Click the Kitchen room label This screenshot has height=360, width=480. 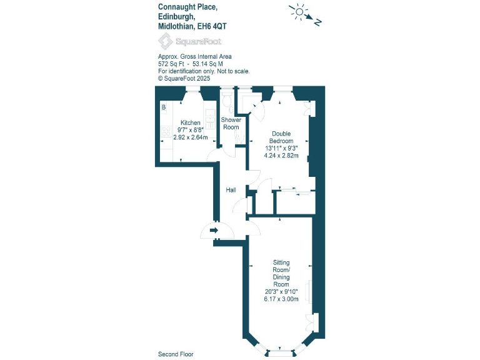tap(190, 122)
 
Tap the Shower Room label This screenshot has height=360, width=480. tap(231, 123)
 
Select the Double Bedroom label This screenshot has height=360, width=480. tap(281, 137)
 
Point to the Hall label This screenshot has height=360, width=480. tap(231, 190)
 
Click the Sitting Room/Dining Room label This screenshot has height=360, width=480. tap(281, 273)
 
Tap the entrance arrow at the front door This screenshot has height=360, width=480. tap(214, 231)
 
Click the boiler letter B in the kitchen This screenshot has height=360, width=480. tap(164, 107)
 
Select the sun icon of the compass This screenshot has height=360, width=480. tap(299, 11)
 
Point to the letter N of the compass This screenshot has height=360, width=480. tap(317, 22)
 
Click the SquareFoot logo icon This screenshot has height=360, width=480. tap(165, 41)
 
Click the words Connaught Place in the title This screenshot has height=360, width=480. tap(187, 7)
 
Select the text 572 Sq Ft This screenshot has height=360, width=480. tap(171, 64)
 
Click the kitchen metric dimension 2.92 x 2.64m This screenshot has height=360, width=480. tap(190, 137)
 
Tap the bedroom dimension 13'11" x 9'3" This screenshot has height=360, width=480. tap(281, 148)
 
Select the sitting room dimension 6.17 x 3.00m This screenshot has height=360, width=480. tap(281, 299)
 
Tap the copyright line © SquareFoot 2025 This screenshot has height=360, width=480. tap(184, 79)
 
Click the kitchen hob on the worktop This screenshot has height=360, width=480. tap(166, 131)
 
